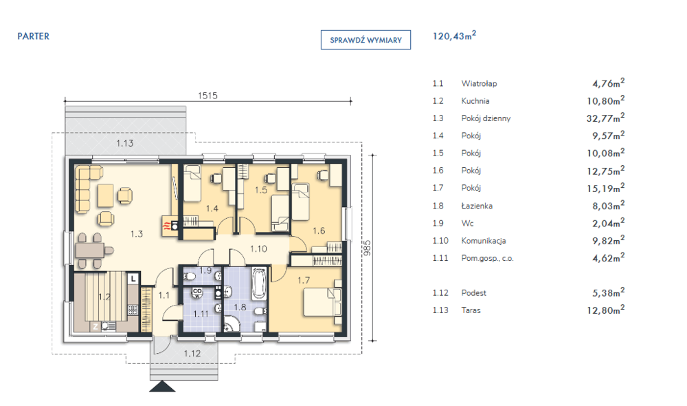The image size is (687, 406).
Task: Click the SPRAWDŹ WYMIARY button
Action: coord(365,40)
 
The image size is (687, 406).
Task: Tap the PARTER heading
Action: coord(33,36)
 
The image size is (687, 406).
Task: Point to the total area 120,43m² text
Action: coord(454,36)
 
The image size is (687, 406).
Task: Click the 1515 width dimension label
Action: coord(207,95)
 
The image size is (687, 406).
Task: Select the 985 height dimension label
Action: coord(367,248)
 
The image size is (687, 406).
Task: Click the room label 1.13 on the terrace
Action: coord(125,143)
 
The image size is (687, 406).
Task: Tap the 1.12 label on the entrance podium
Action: coord(192,353)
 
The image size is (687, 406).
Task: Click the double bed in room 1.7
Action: coord(322,302)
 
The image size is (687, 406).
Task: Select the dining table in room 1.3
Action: coord(90,250)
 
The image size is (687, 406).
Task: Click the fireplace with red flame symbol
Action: coord(170,226)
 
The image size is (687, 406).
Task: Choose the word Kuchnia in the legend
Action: coord(475,101)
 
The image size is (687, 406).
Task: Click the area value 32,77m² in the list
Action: coord(605,118)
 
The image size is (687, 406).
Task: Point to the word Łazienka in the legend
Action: coord(477,206)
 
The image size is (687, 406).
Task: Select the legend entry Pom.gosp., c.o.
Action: coord(487,258)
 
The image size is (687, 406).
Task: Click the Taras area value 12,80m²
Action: coord(605,310)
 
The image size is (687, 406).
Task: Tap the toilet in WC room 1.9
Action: coord(190,277)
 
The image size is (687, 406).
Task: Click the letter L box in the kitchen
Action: coord(133,278)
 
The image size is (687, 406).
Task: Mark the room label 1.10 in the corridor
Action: coord(258,249)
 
